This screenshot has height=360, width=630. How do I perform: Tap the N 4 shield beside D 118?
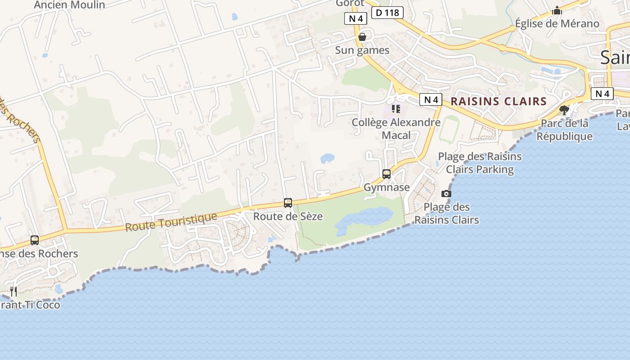[356, 18]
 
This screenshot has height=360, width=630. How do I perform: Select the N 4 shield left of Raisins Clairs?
[431, 99]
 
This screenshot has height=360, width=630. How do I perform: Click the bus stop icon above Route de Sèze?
[288, 203]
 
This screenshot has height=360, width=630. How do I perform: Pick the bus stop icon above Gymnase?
[387, 174]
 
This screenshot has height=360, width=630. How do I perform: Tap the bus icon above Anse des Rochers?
[35, 240]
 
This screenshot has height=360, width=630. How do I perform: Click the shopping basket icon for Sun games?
[362, 37]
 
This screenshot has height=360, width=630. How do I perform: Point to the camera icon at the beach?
[446, 193]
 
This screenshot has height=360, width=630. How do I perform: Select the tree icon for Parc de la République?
[564, 110]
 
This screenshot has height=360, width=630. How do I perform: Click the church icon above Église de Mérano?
[557, 10]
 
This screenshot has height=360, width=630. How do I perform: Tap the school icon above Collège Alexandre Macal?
[396, 109]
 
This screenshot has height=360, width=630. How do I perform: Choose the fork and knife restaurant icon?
[13, 292]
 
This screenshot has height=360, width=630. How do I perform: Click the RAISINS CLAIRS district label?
[499, 101]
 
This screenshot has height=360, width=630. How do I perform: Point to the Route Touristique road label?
[171, 222]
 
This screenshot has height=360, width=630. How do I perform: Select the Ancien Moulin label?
[70, 5]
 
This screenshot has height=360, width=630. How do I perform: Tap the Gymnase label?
[387, 187]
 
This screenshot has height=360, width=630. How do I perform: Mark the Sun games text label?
[362, 50]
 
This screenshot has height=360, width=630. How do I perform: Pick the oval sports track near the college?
[449, 130]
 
